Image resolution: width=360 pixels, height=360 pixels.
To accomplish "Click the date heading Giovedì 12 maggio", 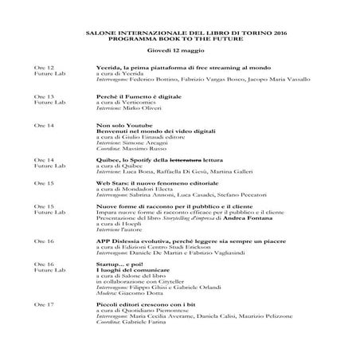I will point(180,49).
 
